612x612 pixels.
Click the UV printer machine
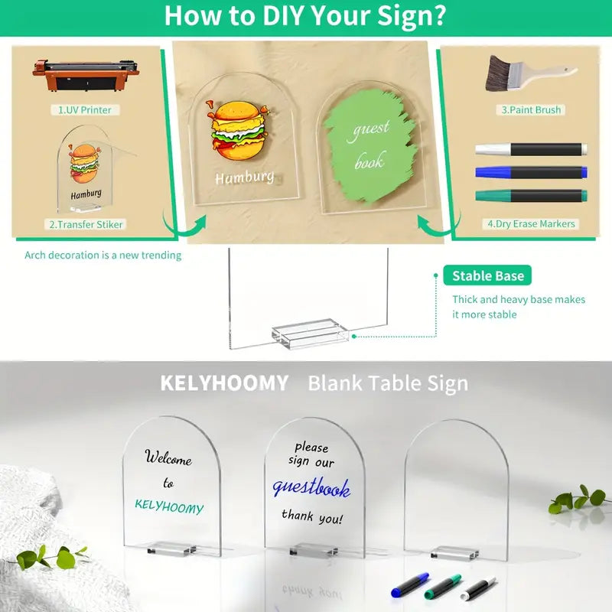[86, 75]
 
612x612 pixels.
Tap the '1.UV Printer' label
[85, 109]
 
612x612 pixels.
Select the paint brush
[530, 73]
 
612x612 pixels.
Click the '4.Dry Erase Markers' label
[531, 224]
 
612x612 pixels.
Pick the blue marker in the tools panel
[531, 172]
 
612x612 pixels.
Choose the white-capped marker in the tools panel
[531, 149]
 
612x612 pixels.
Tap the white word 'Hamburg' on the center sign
[245, 177]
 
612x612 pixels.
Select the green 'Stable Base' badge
[487, 275]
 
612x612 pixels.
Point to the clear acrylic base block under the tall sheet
[311, 333]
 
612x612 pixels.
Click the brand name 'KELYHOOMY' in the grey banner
[224, 383]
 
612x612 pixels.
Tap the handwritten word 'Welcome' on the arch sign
[168, 457]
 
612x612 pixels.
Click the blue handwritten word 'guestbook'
[311, 487]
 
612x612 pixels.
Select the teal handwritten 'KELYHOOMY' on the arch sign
[169, 506]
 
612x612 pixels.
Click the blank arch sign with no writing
[456, 490]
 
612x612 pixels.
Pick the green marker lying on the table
[443, 586]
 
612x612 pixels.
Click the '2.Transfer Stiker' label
[86, 224]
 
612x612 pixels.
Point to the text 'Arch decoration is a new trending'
[103, 256]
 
